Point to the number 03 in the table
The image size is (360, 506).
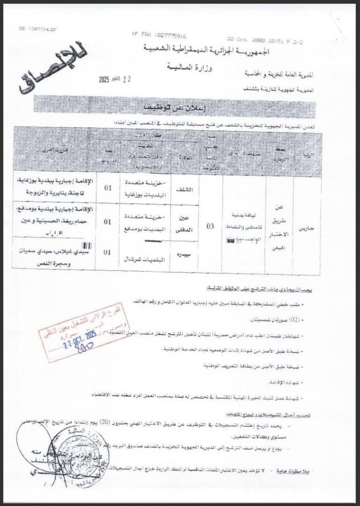[210, 226]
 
